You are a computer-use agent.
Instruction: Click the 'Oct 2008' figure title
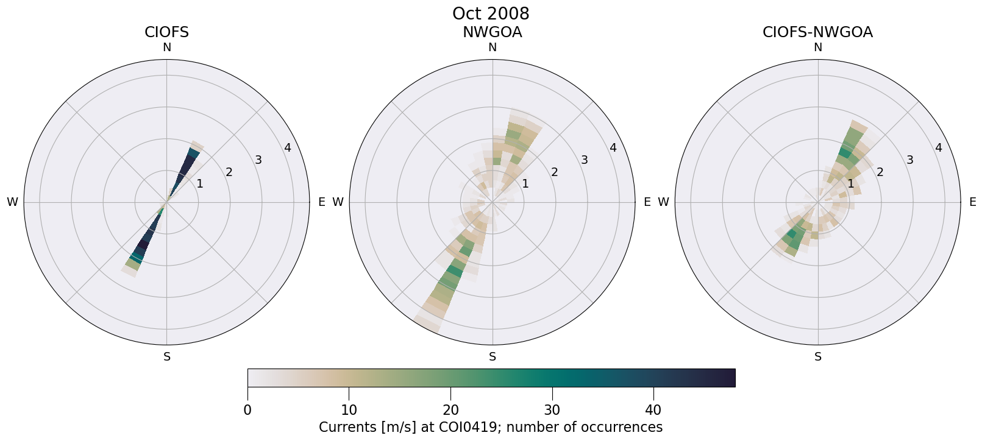coord(491,13)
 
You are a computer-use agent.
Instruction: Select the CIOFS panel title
coord(166,32)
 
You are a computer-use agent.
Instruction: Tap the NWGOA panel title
coord(492,32)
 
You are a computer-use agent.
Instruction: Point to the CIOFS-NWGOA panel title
coord(817,32)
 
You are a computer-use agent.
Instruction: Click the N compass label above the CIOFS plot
coord(166,48)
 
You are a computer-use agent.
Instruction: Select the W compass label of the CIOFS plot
coord(12,202)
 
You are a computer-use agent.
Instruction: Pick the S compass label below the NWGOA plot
coord(492,357)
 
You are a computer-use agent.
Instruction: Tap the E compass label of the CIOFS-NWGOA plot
coord(972,202)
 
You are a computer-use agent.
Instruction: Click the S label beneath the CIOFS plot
coord(166,357)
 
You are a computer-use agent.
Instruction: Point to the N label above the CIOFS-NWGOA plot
coord(817,48)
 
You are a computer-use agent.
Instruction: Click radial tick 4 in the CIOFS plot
coord(288,148)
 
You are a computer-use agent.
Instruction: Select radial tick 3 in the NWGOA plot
coord(584,160)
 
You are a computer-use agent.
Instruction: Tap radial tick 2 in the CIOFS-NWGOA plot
coord(880,172)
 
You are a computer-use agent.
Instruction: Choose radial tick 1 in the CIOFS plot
coord(199,184)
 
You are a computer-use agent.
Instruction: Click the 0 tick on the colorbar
coord(247,411)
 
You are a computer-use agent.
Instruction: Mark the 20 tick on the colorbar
coord(450,411)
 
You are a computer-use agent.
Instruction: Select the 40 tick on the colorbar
coord(653,411)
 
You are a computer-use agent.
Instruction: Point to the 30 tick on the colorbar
coord(552,411)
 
